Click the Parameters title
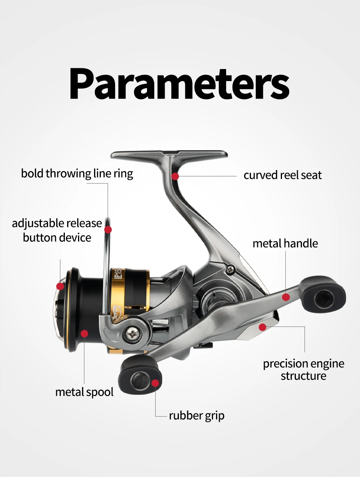(x=179, y=84)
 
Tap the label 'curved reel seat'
(x=282, y=175)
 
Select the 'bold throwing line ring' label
(x=77, y=174)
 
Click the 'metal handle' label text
(x=285, y=244)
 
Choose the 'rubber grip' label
(x=196, y=416)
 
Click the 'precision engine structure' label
(x=303, y=370)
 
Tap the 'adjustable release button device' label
(x=57, y=230)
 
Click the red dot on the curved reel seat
(x=175, y=176)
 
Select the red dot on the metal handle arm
(x=286, y=297)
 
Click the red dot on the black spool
(x=84, y=333)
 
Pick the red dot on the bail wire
(x=108, y=229)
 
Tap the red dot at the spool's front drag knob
(x=60, y=286)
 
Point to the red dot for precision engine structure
(x=262, y=327)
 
